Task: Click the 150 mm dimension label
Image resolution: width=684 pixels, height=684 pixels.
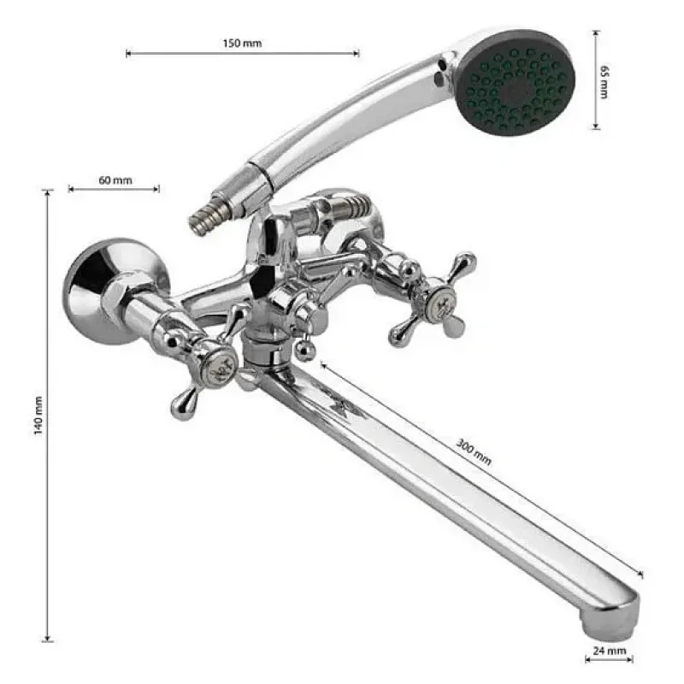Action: click(x=242, y=44)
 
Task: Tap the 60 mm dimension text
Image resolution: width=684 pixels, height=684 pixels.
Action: click(x=115, y=180)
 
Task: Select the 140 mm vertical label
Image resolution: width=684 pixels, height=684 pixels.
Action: click(x=38, y=416)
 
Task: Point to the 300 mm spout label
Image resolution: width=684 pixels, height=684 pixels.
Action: click(x=474, y=452)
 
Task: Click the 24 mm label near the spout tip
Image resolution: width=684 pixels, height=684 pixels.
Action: click(x=610, y=651)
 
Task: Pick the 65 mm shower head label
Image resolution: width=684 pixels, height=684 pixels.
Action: click(x=604, y=82)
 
